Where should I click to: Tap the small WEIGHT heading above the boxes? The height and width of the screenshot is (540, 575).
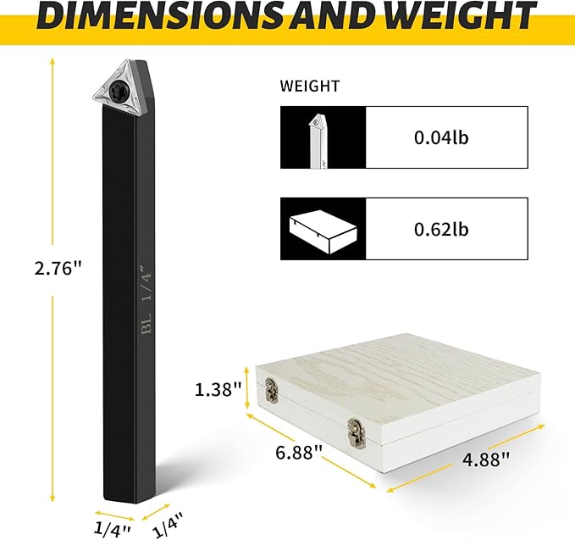[x=310, y=86]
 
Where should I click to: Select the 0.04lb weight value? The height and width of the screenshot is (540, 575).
[x=441, y=137]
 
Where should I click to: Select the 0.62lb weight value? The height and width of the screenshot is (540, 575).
[x=441, y=229]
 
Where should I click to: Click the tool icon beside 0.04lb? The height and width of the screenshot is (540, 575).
[x=318, y=141]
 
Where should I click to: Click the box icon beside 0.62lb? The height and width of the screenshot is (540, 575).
[x=323, y=231]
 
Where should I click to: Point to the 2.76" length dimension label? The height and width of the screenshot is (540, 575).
[x=57, y=269]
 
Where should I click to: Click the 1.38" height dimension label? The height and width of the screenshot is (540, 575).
[x=218, y=389]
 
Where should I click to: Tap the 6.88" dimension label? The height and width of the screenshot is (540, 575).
[x=299, y=452]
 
